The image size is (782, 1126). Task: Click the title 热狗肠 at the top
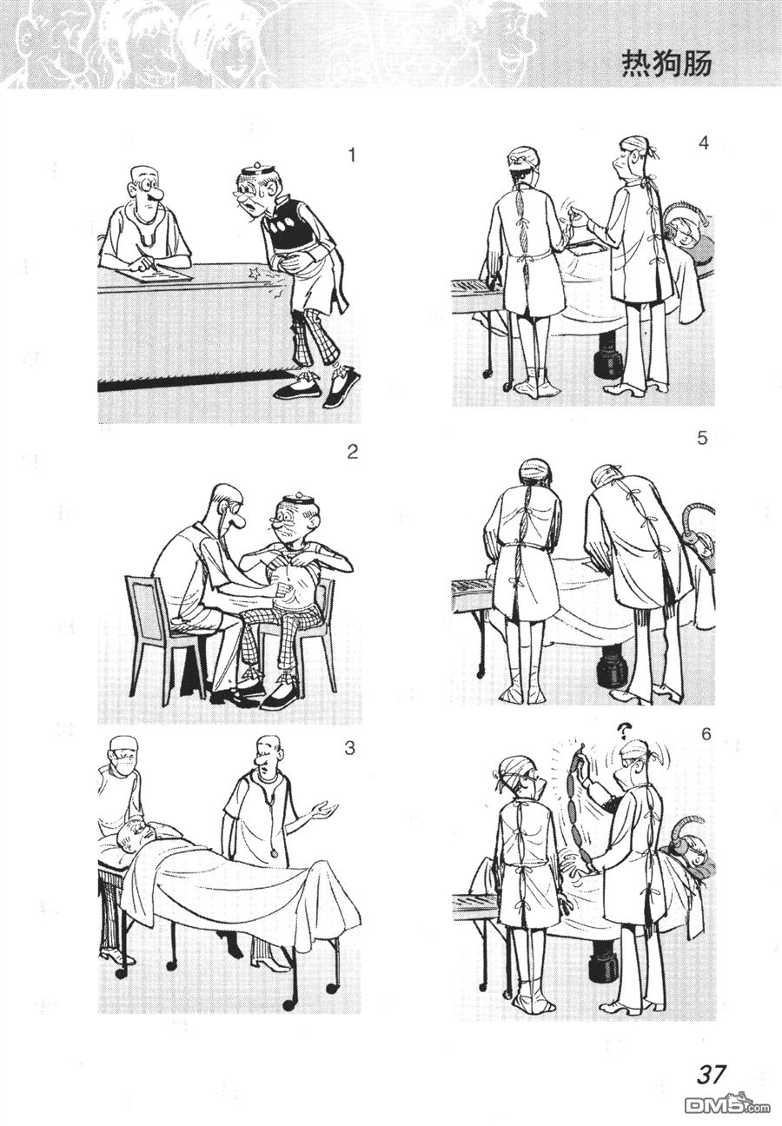pos(666,65)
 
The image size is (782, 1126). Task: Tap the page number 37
pos(711,1070)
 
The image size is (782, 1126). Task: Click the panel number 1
pos(351,156)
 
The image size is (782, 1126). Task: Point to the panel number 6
pos(706,734)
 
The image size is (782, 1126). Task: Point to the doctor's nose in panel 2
pos(238,523)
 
